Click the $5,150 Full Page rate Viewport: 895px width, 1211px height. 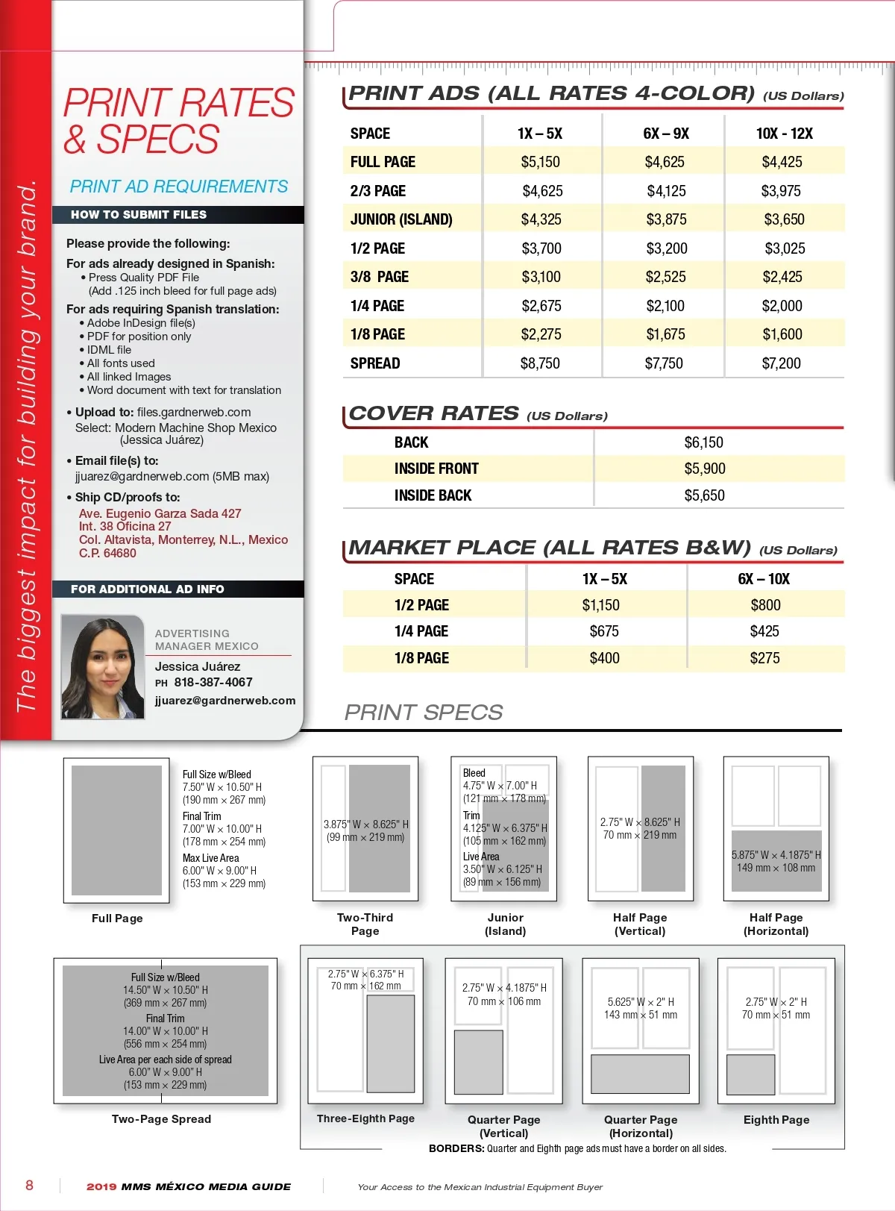tap(540, 162)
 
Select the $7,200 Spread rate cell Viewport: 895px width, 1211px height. tap(781, 363)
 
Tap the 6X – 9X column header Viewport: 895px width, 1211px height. tap(666, 134)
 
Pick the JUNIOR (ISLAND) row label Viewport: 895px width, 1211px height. tap(401, 219)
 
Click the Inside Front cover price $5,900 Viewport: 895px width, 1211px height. tap(704, 469)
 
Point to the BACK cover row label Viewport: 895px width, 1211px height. tap(411, 442)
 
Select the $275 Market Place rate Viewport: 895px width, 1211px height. tap(764, 658)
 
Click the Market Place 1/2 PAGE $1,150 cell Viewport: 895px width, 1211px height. tap(600, 605)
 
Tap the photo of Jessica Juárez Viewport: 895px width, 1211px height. tap(103, 667)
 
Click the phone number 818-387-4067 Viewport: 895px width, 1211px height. tap(213, 682)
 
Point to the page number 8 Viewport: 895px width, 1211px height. tap(30, 1185)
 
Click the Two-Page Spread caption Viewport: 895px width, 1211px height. tap(161, 1119)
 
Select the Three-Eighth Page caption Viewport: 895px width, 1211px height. tap(365, 1118)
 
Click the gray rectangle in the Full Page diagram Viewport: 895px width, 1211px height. tap(116, 830)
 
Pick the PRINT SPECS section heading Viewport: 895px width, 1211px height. tap(424, 713)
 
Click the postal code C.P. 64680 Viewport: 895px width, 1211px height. tap(107, 553)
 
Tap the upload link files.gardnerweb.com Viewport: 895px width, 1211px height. tap(194, 412)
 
